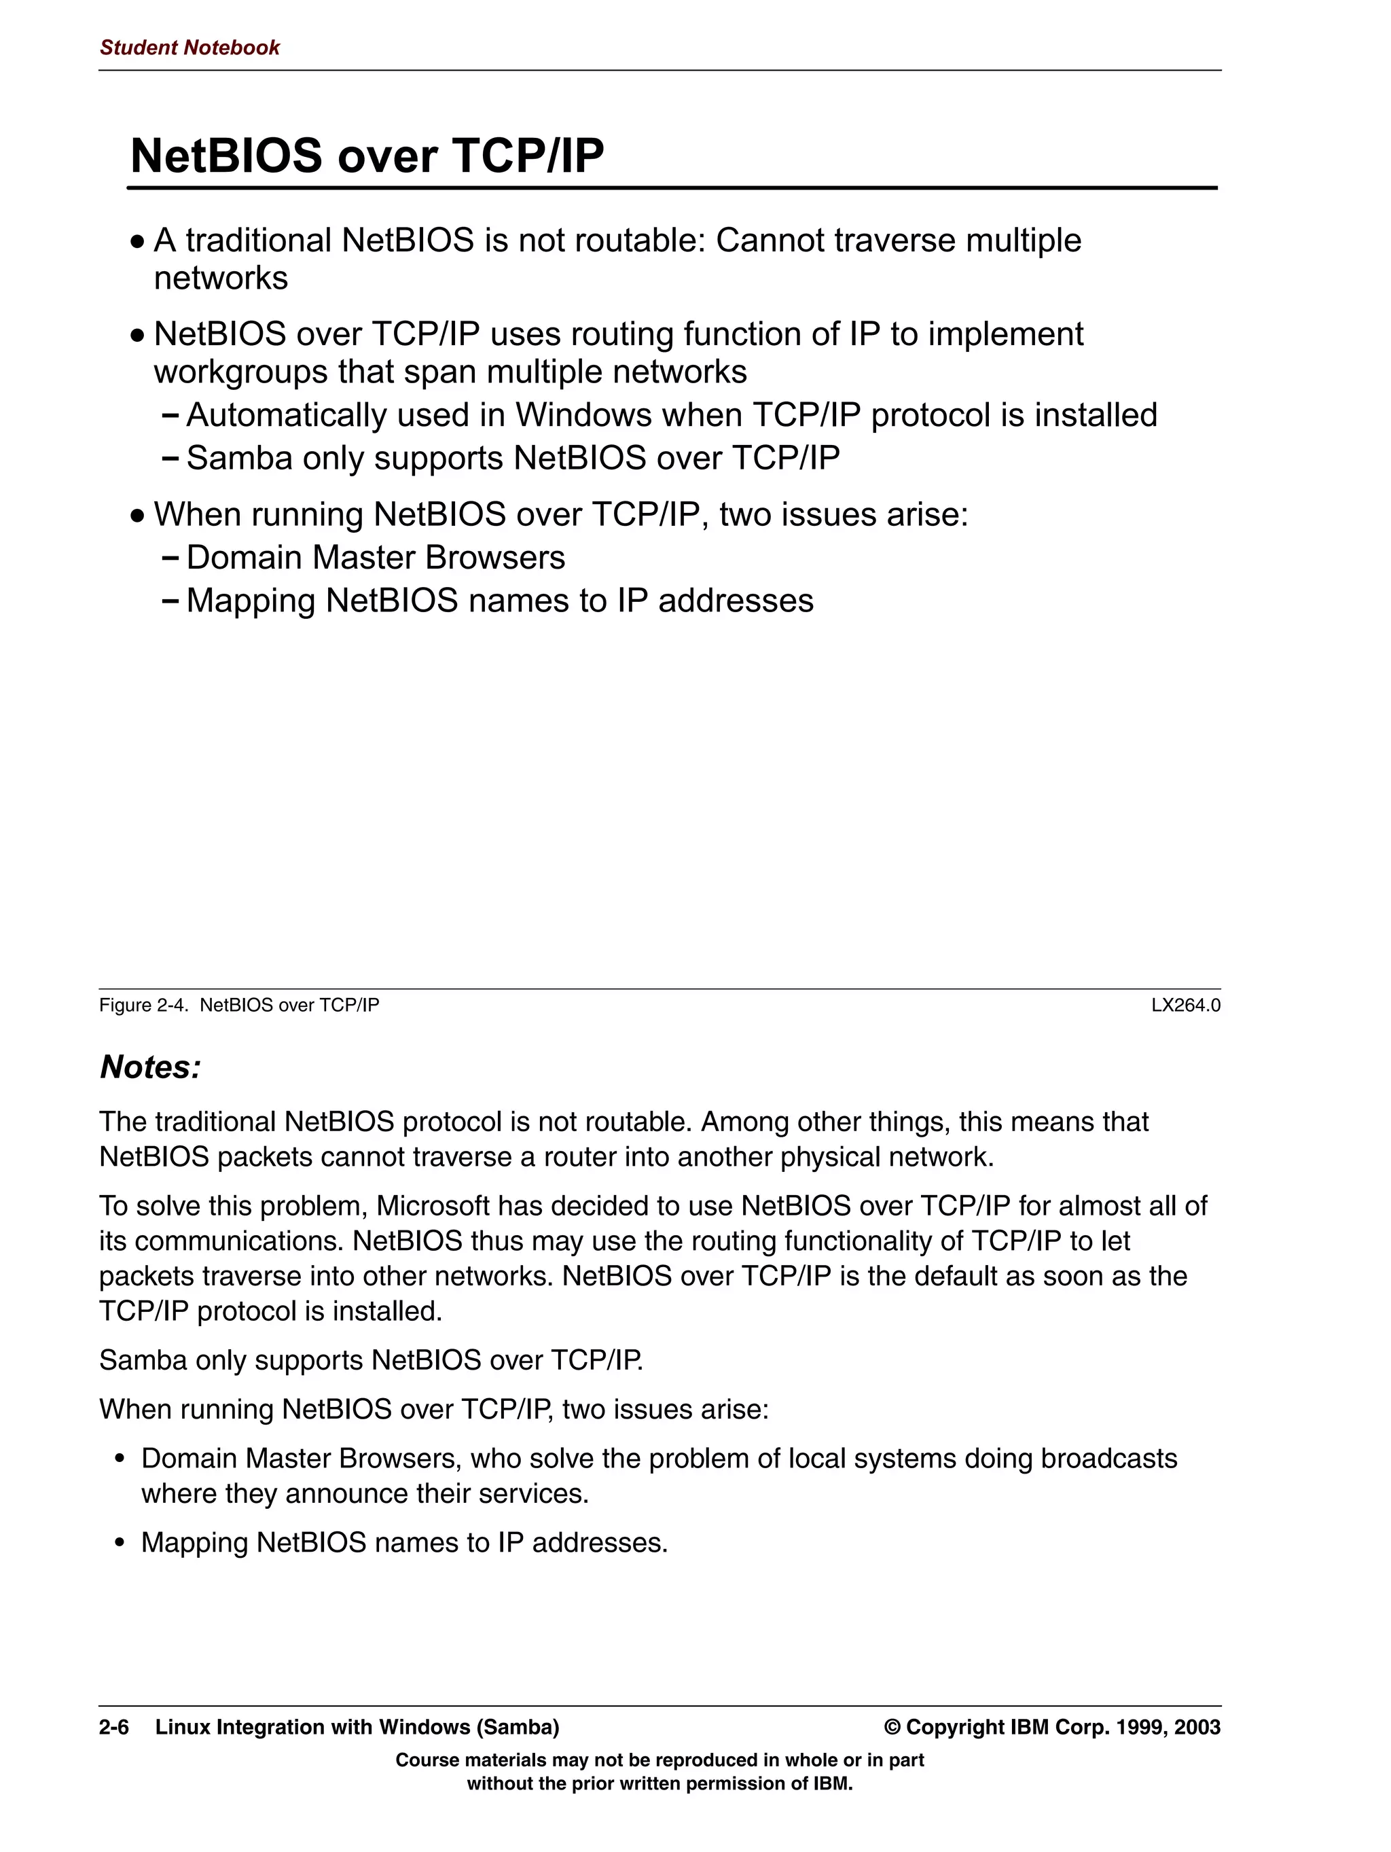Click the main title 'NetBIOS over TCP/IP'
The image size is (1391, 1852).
coord(367,156)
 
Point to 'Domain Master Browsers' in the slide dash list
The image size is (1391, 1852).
coord(375,558)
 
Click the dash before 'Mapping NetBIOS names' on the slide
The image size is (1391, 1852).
coord(170,601)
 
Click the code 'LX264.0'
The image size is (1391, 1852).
coord(1185,1005)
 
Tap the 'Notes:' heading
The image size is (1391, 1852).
coord(151,1067)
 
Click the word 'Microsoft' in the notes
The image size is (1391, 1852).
coord(432,1207)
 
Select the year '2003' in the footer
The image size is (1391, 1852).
coord(1197,1727)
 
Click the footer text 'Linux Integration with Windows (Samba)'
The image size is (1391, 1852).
coord(357,1727)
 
